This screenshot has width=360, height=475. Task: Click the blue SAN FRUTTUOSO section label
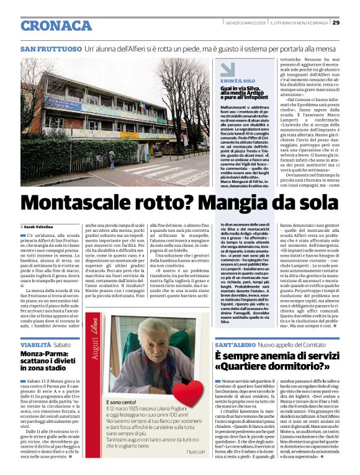51,48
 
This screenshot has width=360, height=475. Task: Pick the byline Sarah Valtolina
40,228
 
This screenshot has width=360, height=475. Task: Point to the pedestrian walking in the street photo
112,159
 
